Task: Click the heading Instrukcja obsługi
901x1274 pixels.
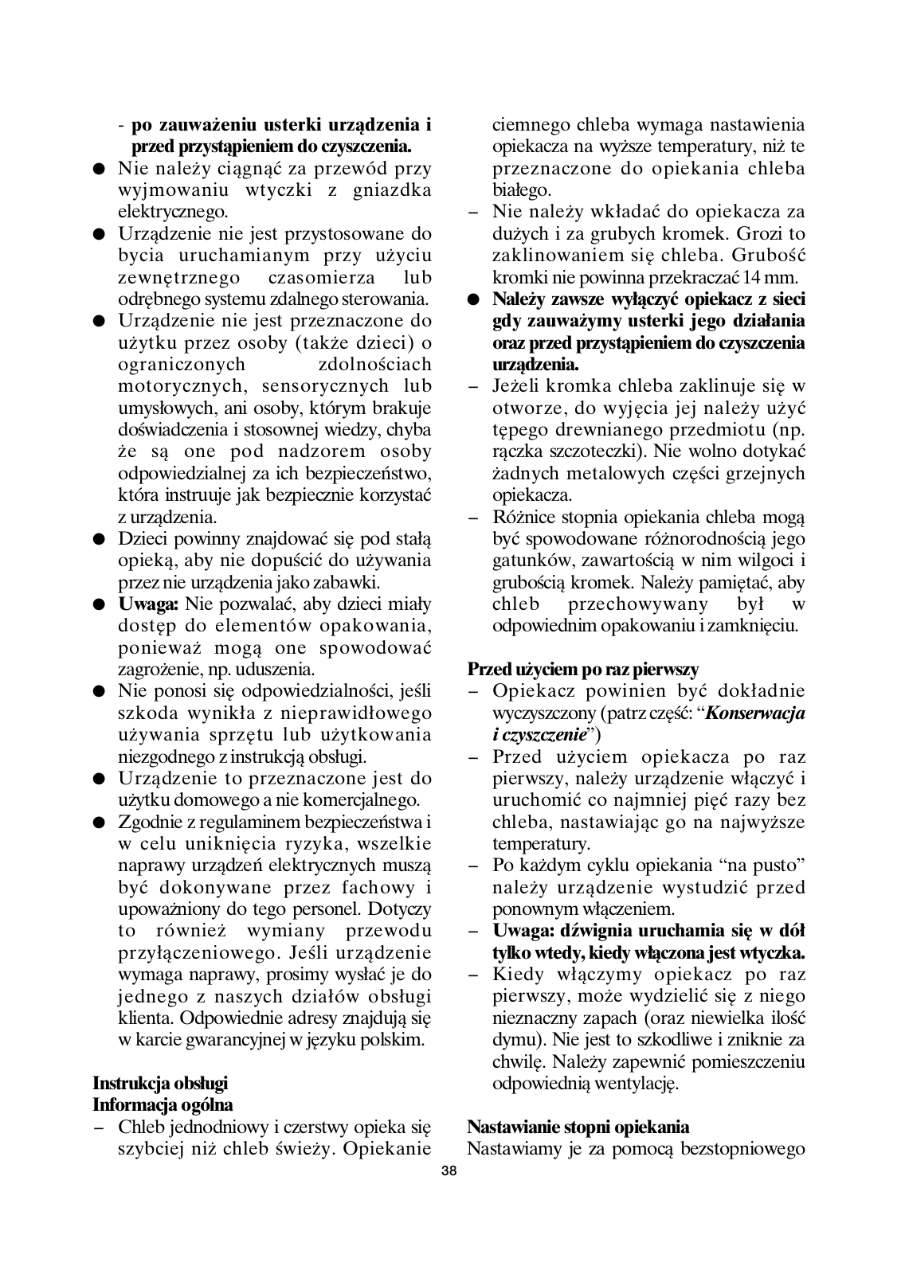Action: pos(160,1083)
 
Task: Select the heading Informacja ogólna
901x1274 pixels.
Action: pos(163,1105)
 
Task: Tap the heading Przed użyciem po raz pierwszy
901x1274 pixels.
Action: pos(583,669)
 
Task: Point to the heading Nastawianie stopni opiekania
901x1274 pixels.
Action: pos(578,1127)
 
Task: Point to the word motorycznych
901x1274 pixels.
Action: pos(176,386)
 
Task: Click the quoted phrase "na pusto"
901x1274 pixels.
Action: pos(762,866)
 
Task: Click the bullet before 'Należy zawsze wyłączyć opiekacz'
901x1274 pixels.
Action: pos(474,300)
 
